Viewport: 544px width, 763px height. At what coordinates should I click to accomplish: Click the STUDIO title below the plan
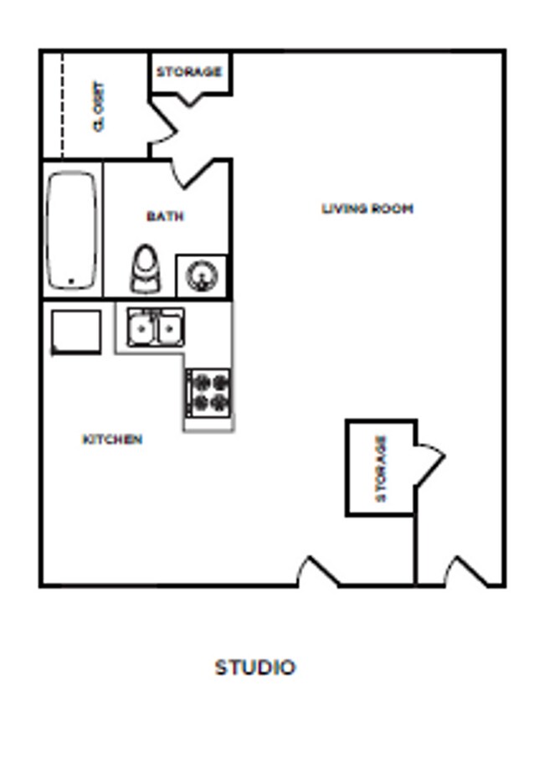(255, 668)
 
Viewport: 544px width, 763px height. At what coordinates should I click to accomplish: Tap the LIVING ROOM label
(367, 209)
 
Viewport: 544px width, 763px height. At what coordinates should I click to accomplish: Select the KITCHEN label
(112, 439)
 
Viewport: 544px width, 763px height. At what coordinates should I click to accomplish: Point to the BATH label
(165, 216)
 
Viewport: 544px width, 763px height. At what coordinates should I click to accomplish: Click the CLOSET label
(100, 106)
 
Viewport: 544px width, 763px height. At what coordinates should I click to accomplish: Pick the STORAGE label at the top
(189, 72)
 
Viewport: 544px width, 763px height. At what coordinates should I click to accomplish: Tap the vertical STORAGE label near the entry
(382, 467)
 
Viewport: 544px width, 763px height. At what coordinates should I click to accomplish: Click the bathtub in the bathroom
(71, 230)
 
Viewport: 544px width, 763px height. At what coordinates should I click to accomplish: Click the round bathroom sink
(202, 276)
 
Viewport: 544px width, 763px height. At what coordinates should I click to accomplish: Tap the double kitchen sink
(155, 327)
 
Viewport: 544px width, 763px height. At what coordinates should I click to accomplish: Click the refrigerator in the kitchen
(76, 332)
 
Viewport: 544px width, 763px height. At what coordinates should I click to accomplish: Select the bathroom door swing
(194, 173)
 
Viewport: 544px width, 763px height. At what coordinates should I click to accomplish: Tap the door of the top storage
(191, 99)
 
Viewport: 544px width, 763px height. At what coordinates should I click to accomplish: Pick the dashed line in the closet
(63, 106)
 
